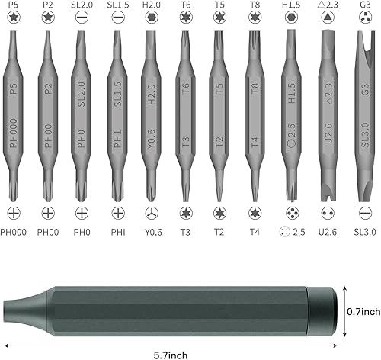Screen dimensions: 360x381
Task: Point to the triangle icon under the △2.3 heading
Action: pos(328,19)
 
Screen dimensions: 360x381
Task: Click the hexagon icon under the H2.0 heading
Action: pos(151,19)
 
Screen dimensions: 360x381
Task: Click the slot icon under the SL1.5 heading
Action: pos(117,19)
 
